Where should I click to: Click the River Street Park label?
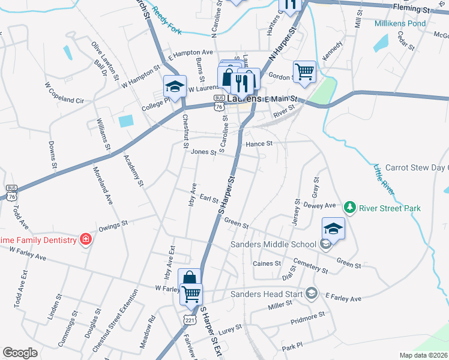pyautogui.click(x=390, y=208)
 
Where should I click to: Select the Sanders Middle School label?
pyautogui.click(x=273, y=244)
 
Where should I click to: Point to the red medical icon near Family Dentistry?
pyautogui.click(x=86, y=240)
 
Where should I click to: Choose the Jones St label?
pyautogui.click(x=203, y=152)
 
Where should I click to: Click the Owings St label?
pyautogui.click(x=113, y=226)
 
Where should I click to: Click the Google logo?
pyautogui.click(x=20, y=353)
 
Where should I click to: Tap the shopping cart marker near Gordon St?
pyautogui.click(x=305, y=72)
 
